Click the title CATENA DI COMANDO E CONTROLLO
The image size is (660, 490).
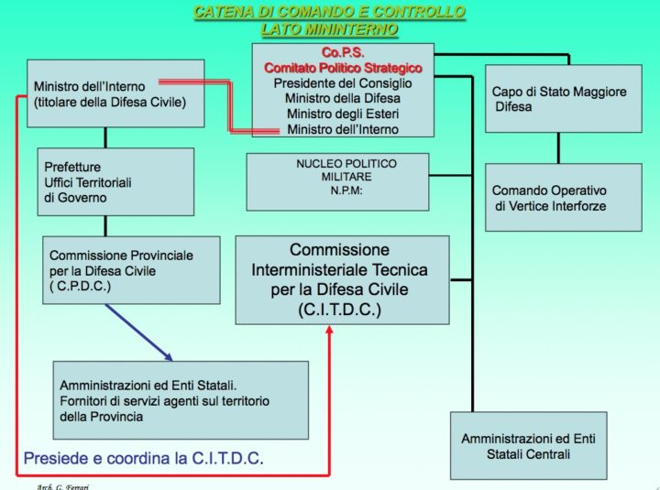[x=329, y=12]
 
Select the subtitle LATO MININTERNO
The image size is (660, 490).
[x=329, y=28]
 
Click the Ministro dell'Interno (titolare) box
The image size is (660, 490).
[x=115, y=93]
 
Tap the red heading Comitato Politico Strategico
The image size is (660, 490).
[x=343, y=68]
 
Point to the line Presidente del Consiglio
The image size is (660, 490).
[x=343, y=83]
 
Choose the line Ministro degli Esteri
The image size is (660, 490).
[x=343, y=114]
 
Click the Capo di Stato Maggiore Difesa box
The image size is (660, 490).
[x=559, y=99]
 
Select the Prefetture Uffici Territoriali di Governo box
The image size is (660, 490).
[x=115, y=181]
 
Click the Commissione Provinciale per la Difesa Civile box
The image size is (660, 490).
[x=131, y=269]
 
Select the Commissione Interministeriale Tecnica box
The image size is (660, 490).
[x=342, y=279]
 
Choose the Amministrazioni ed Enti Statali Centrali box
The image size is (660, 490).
[x=528, y=445]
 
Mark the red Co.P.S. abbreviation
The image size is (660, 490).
[x=343, y=53]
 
